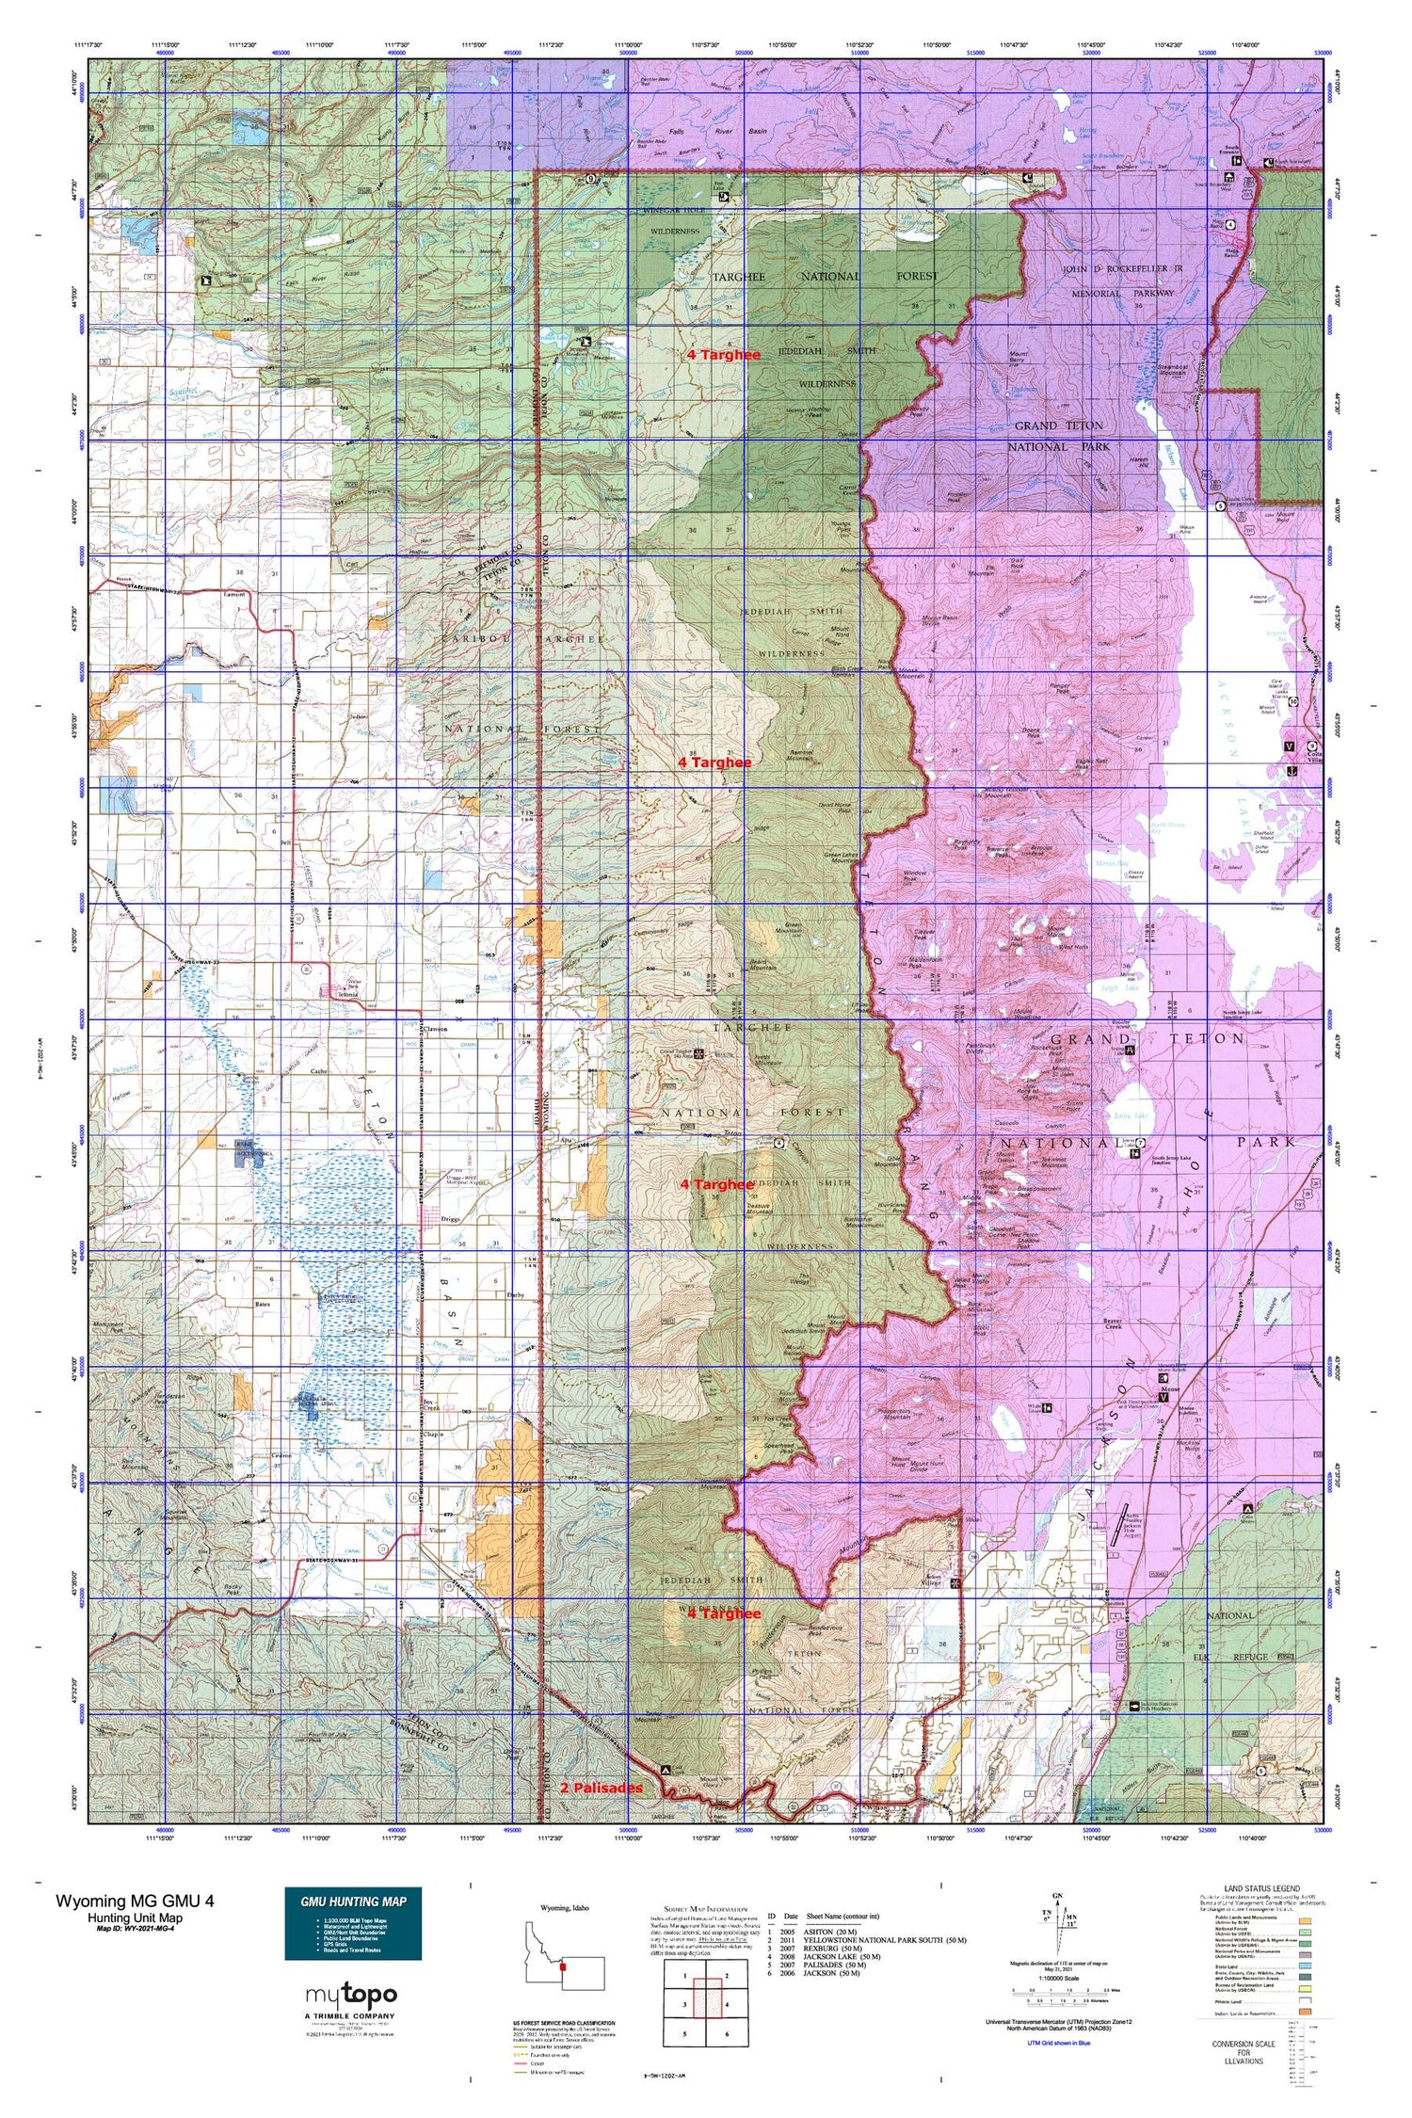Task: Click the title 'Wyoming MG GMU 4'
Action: [x=135, y=1900]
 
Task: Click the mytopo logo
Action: [x=351, y=1994]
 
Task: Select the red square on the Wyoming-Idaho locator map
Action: [x=561, y=1967]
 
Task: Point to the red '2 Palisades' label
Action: [x=601, y=1787]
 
